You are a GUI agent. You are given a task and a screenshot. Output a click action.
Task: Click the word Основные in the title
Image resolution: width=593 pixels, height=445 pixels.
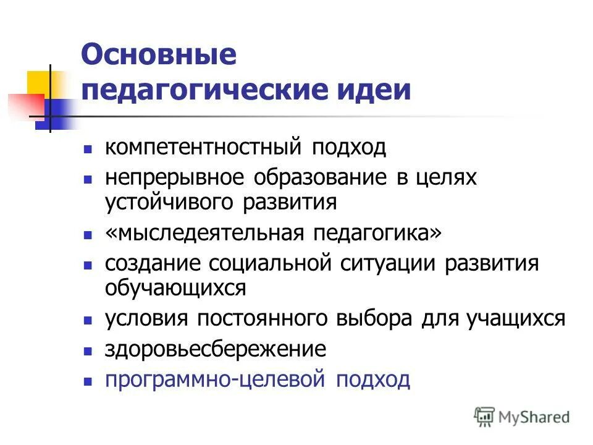159,56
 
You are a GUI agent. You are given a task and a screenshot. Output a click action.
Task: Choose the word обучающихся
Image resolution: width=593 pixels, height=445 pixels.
175,287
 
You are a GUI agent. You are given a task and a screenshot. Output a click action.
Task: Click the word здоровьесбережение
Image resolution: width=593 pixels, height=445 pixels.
215,349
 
